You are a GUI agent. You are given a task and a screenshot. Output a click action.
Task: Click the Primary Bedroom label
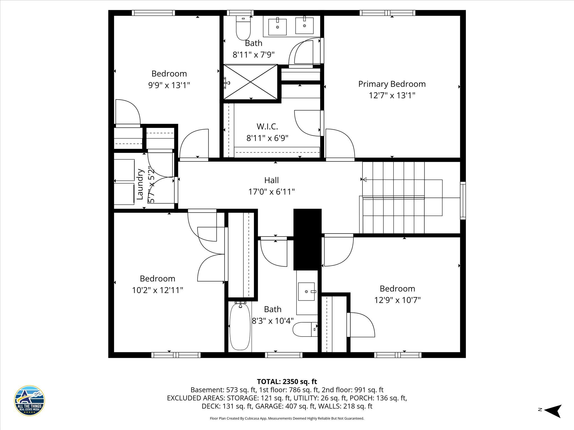[392, 84]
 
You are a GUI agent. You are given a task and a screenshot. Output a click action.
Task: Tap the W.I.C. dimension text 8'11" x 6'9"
[267, 138]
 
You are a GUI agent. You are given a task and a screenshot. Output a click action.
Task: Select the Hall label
[271, 180]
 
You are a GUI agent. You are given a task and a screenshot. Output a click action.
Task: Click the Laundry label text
[140, 184]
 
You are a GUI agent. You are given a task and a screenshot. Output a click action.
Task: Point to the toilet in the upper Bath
[243, 29]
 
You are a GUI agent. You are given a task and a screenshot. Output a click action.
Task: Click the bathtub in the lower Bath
[240, 327]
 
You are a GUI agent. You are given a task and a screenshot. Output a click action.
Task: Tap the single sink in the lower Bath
[306, 291]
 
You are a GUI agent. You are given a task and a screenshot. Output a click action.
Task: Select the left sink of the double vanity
[277, 27]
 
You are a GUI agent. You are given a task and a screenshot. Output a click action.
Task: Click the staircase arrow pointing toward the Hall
[364, 179]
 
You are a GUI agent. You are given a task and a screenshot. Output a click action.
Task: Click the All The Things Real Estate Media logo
[29, 401]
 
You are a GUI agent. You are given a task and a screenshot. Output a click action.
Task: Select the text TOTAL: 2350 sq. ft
[287, 382]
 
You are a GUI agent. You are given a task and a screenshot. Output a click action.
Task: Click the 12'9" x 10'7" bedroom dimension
[397, 300]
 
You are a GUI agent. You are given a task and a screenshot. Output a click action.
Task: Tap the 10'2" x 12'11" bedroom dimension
[158, 290]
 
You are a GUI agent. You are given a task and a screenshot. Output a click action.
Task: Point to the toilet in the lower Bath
[304, 329]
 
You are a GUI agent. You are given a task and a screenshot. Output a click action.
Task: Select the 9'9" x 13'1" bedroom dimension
[169, 85]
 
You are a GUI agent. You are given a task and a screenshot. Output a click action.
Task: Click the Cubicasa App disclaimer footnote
[287, 419]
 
